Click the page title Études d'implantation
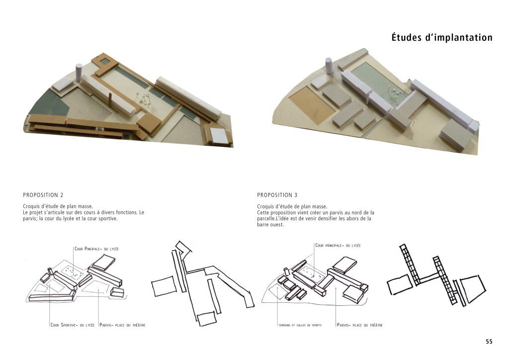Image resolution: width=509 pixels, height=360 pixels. pyautogui.click(x=442, y=37)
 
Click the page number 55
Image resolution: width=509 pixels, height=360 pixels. pyautogui.click(x=489, y=342)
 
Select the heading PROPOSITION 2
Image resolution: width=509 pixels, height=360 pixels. pyautogui.click(x=43, y=195)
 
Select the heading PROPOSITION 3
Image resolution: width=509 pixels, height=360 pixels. pyautogui.click(x=277, y=195)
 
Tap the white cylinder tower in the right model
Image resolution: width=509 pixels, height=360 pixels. pyautogui.click(x=329, y=67)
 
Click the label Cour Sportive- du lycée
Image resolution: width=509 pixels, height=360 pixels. pyautogui.click(x=73, y=325)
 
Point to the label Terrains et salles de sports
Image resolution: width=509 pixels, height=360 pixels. pyautogui.click(x=300, y=325)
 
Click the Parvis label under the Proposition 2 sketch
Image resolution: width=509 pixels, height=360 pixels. pyautogui.click(x=122, y=325)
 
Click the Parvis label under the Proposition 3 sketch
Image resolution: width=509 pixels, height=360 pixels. pyautogui.click(x=360, y=325)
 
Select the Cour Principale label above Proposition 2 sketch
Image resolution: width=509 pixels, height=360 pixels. pyautogui.click(x=97, y=249)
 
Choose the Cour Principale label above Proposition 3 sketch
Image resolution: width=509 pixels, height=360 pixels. pyautogui.click(x=338, y=246)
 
